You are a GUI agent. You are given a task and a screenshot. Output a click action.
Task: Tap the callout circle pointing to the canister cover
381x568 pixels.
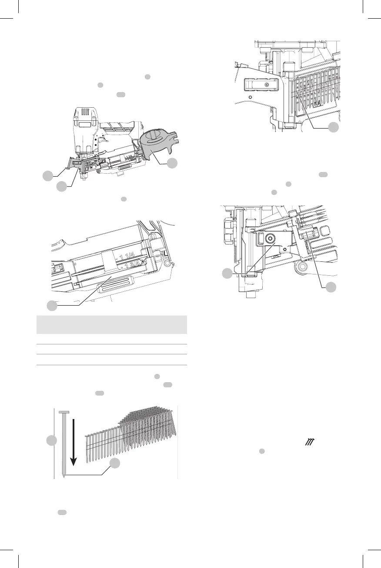172,163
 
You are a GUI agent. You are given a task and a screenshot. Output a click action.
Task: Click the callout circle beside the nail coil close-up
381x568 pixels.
334,128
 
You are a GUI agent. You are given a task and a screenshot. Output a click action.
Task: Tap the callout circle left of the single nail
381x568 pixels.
52,440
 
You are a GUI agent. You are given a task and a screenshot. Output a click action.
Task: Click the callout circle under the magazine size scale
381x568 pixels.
52,305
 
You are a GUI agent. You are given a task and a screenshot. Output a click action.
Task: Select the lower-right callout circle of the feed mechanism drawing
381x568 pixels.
331,287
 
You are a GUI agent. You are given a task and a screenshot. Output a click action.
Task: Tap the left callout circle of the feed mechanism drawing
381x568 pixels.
227,274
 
